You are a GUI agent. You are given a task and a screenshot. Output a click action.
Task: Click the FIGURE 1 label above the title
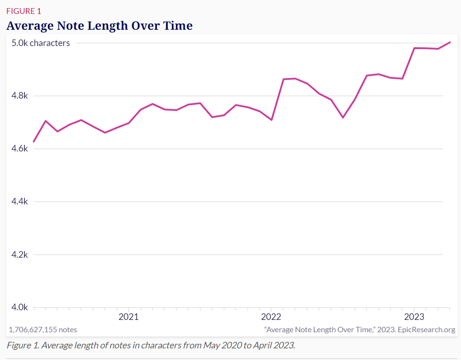pyautogui.click(x=24, y=11)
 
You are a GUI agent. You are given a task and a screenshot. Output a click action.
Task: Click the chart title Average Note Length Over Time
pyautogui.click(x=99, y=26)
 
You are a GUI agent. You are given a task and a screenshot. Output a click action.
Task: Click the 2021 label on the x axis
pyautogui.click(x=129, y=317)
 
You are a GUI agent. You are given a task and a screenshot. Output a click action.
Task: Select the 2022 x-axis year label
pyautogui.click(x=271, y=317)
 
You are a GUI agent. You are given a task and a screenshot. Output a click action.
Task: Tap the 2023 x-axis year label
pyautogui.click(x=414, y=317)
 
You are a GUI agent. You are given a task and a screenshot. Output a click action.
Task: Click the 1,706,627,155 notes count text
pyautogui.click(x=43, y=329)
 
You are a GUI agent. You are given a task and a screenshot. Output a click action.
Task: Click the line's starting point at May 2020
pyautogui.click(x=34, y=142)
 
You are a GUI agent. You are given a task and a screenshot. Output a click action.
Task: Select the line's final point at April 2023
pyautogui.click(x=450, y=42)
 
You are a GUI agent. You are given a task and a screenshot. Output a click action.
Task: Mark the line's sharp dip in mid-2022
pyautogui.click(x=343, y=117)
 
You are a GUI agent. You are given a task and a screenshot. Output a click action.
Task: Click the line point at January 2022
pyautogui.click(x=272, y=120)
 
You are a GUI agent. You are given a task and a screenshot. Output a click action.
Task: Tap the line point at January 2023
pyautogui.click(x=414, y=48)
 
